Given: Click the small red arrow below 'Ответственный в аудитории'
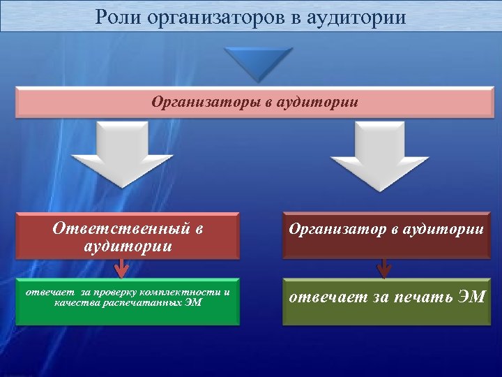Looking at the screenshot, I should click(122, 267).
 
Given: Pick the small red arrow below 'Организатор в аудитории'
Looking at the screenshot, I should click(383, 267).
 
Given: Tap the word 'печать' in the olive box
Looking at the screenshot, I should click(420, 298).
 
